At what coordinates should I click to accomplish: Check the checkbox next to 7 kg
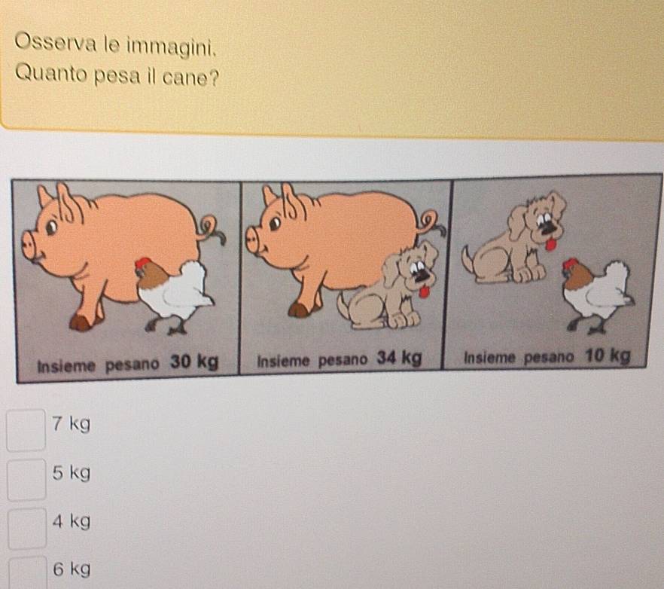(26, 429)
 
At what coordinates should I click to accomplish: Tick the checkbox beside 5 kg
(26, 479)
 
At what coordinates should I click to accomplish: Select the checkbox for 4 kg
(27, 529)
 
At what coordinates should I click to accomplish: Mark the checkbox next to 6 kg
(28, 573)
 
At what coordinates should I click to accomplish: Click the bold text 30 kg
(194, 362)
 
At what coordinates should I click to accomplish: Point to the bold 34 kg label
(399, 359)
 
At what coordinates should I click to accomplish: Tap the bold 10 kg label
(608, 356)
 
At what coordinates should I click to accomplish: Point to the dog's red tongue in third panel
(550, 245)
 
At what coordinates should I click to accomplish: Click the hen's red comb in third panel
(570, 264)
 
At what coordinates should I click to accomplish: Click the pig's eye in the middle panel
(275, 223)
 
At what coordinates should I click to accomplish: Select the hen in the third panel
(598, 295)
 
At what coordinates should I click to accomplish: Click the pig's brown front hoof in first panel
(80, 323)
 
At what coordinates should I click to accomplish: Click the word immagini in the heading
(172, 47)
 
